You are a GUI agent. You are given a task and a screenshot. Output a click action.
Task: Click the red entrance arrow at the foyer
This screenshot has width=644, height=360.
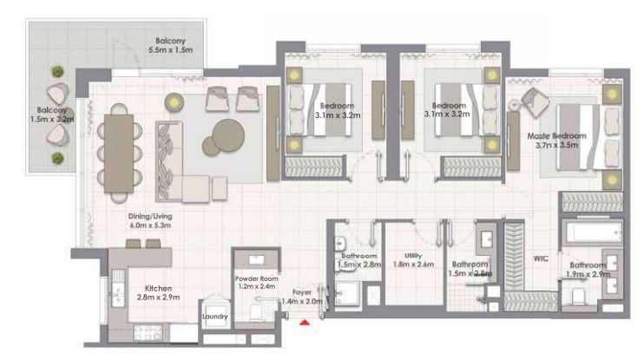click(305, 324)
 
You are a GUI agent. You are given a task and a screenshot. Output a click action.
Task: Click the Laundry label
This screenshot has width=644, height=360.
click(214, 317)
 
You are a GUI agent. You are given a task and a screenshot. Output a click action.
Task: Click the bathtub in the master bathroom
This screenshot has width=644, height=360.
click(592, 234)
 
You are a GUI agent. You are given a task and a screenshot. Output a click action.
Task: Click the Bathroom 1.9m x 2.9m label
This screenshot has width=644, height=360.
click(588, 269)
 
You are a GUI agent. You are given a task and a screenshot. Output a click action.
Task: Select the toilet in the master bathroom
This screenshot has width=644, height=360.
click(578, 298)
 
